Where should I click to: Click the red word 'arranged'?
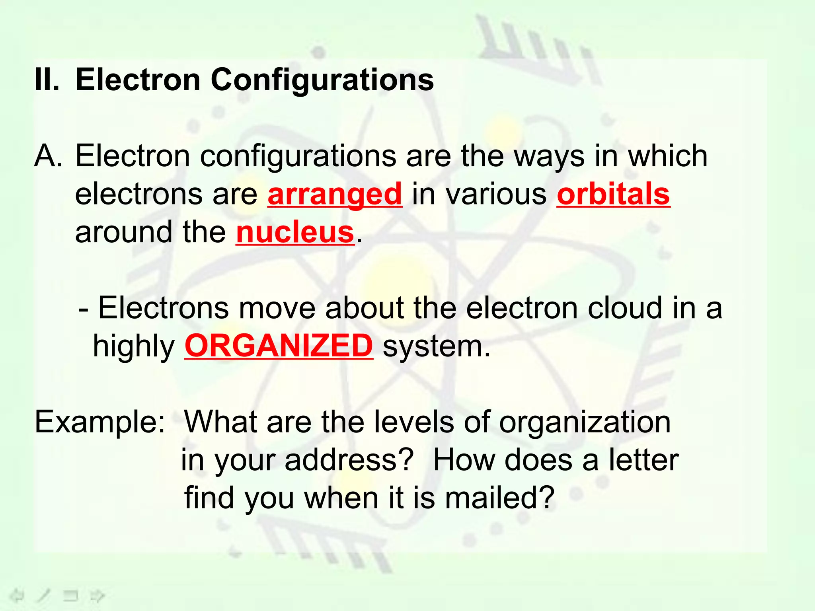pos(335,194)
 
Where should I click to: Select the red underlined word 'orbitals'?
pos(613,194)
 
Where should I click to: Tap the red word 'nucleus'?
pos(295,232)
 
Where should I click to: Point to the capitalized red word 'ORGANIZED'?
pos(279,346)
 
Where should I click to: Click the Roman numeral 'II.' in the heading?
pos(47,80)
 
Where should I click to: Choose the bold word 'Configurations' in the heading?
pos(322,80)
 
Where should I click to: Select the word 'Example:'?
pos(100,422)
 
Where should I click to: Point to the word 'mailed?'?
pos(499,498)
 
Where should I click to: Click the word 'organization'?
pos(585,422)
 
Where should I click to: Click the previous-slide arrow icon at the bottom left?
pos(17,595)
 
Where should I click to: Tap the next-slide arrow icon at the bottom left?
pos(97,595)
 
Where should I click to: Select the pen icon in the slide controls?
pos(43,595)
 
